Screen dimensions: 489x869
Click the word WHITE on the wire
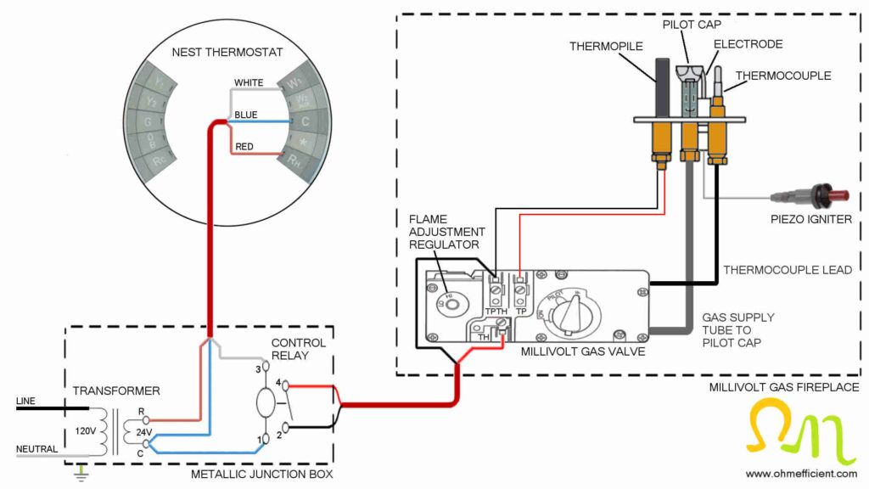(x=249, y=82)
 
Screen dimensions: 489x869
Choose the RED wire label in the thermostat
(x=244, y=147)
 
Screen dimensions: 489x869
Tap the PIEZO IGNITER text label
(x=810, y=219)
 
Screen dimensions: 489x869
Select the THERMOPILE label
(x=606, y=46)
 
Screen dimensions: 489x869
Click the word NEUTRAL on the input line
(x=36, y=449)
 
